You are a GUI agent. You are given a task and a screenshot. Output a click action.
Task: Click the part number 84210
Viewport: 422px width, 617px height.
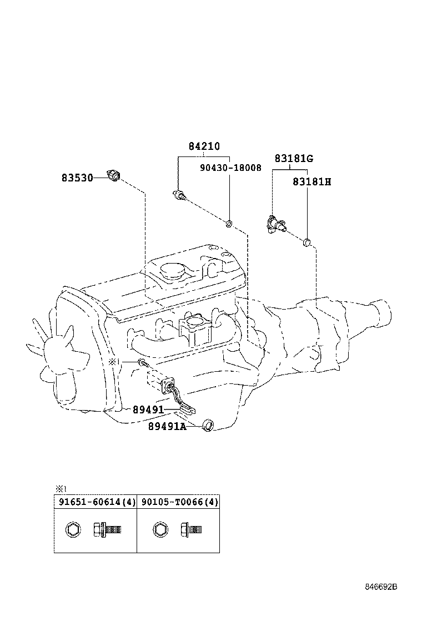point(204,147)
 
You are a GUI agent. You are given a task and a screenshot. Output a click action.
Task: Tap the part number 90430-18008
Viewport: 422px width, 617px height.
point(230,168)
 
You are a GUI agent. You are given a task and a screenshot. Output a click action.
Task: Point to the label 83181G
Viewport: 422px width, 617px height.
point(293,159)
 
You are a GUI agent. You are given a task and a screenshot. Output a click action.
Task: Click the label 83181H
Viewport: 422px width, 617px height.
point(312,181)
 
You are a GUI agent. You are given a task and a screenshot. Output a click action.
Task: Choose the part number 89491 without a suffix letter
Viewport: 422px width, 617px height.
point(148,409)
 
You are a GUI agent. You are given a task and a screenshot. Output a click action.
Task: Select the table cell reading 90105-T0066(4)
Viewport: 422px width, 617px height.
point(178,502)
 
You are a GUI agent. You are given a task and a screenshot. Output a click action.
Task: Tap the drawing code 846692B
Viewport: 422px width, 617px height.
point(381,587)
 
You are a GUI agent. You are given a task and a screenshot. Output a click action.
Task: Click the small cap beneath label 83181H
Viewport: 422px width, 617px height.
point(306,242)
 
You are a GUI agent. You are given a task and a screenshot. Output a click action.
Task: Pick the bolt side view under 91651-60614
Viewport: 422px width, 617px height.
point(107,529)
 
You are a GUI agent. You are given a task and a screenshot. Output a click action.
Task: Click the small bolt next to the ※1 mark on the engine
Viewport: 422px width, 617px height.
point(143,363)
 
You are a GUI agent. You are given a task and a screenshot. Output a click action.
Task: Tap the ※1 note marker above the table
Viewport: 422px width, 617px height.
point(61,489)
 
